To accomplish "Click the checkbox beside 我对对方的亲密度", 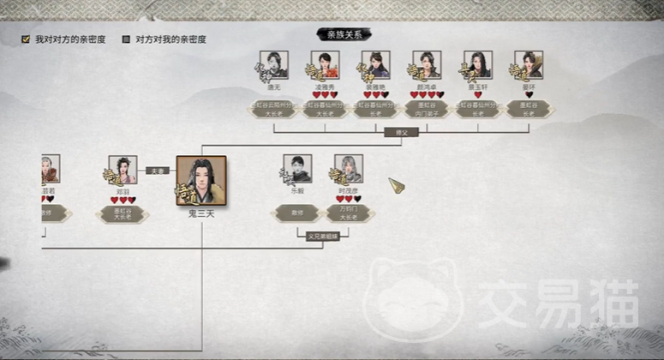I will click(26, 39).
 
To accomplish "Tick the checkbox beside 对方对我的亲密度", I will click(126, 39).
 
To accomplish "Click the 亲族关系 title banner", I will click(344, 34).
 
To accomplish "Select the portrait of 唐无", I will click(275, 65).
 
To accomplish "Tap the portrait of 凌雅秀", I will click(326, 65).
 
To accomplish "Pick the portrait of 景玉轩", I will click(478, 65).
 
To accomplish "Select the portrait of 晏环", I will click(529, 65).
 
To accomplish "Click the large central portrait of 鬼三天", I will click(201, 181).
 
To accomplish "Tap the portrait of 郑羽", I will click(123, 170).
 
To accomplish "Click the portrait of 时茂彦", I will click(348, 169).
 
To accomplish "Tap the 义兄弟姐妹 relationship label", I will click(323, 234).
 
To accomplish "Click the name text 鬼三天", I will click(201, 213).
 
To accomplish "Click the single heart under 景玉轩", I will click(478, 94).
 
